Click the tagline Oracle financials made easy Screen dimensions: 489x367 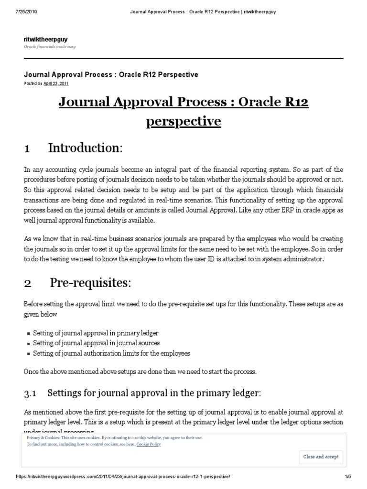50,46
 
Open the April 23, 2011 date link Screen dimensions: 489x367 55,83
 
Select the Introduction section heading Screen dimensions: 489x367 85,149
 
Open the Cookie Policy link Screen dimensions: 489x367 148,444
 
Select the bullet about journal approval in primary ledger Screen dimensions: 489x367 96,333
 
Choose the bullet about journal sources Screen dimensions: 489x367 97,343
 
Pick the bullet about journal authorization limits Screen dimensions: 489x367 111,353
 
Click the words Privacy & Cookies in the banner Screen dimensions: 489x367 43,437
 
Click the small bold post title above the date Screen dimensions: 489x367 111,74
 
